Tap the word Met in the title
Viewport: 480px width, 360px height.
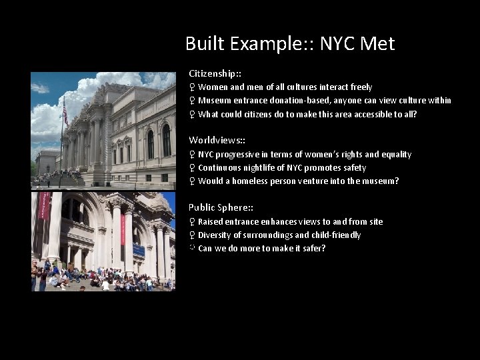[x=377, y=44]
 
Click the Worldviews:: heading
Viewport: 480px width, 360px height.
[x=217, y=140]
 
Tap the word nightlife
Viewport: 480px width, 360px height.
[x=263, y=168]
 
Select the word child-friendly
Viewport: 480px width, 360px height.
[x=337, y=235]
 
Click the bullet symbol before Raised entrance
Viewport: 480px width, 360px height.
[x=192, y=222]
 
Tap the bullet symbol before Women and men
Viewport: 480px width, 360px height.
[x=192, y=87]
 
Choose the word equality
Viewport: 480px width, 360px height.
[x=395, y=155]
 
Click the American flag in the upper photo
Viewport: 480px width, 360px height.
[x=65, y=115]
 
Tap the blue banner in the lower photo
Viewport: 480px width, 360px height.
[x=139, y=250]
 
